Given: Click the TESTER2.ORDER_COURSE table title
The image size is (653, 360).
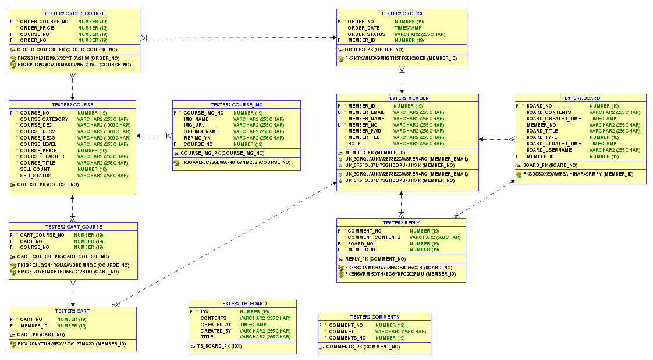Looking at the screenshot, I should pos(74,13).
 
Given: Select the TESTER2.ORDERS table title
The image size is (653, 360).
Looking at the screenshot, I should pos(402,13).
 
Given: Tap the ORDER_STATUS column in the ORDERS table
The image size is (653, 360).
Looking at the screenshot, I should pos(367,34).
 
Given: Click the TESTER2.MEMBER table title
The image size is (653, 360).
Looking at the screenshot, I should pos(407,98).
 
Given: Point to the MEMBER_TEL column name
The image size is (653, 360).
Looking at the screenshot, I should pos(363,137).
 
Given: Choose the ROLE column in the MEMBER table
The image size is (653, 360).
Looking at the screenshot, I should pos(354,144).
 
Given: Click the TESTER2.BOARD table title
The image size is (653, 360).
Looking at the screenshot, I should pos(580,98).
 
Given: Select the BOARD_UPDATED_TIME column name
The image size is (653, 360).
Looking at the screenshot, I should pos(553,144).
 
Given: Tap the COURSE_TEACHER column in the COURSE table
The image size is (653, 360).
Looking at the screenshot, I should pos(42,156).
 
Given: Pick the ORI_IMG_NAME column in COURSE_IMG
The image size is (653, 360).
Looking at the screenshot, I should pos(201,131).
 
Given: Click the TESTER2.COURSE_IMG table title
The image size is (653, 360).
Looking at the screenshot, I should pos(236,105).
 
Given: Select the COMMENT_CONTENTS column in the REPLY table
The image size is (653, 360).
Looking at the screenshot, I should pos(374,237).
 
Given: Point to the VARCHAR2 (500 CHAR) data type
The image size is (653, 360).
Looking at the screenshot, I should pos(435,237).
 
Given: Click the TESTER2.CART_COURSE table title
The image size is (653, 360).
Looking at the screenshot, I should pos(73,227).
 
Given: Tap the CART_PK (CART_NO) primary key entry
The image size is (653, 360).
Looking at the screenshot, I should pos(41,334).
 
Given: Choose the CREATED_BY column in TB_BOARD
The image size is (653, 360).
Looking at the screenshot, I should pos(215,331).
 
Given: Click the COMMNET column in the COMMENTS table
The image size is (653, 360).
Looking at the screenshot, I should pos(342,332).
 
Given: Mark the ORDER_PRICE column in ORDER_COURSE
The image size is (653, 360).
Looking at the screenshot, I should pos(37,28).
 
